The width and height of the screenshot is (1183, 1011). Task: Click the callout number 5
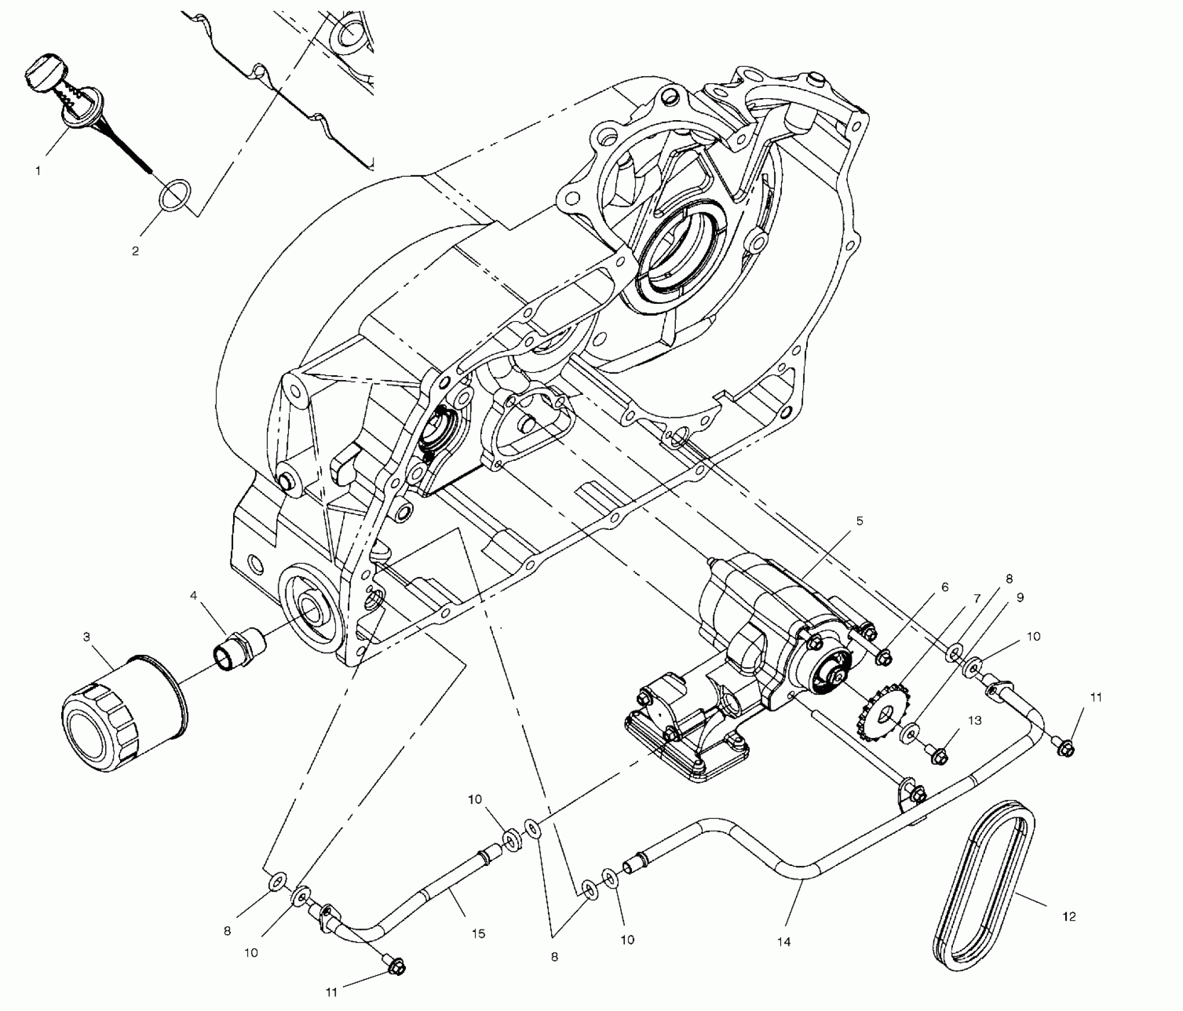pyautogui.click(x=859, y=521)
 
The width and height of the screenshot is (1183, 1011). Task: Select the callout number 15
pyautogui.click(x=478, y=933)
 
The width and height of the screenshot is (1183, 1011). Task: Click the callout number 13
pyautogui.click(x=974, y=720)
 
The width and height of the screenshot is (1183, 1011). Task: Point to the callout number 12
pyautogui.click(x=1069, y=916)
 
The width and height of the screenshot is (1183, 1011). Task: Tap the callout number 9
pyautogui.click(x=1020, y=598)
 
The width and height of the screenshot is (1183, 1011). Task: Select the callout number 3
pyautogui.click(x=87, y=638)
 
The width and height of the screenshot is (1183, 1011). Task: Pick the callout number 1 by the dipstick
pyautogui.click(x=38, y=171)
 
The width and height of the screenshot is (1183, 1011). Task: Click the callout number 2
pyautogui.click(x=136, y=251)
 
